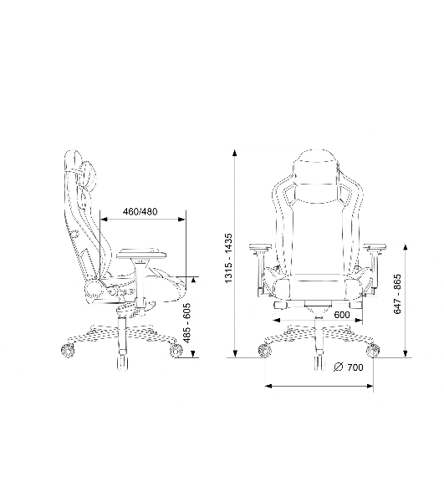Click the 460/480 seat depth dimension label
pos(140,211)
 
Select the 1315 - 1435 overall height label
pos(229,258)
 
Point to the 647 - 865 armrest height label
pos(397,294)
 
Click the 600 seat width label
pos(342,315)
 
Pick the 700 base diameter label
pos(355,367)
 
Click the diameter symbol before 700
pos(338,367)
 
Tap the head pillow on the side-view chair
pos(89,175)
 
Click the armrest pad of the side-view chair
pos(141,254)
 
